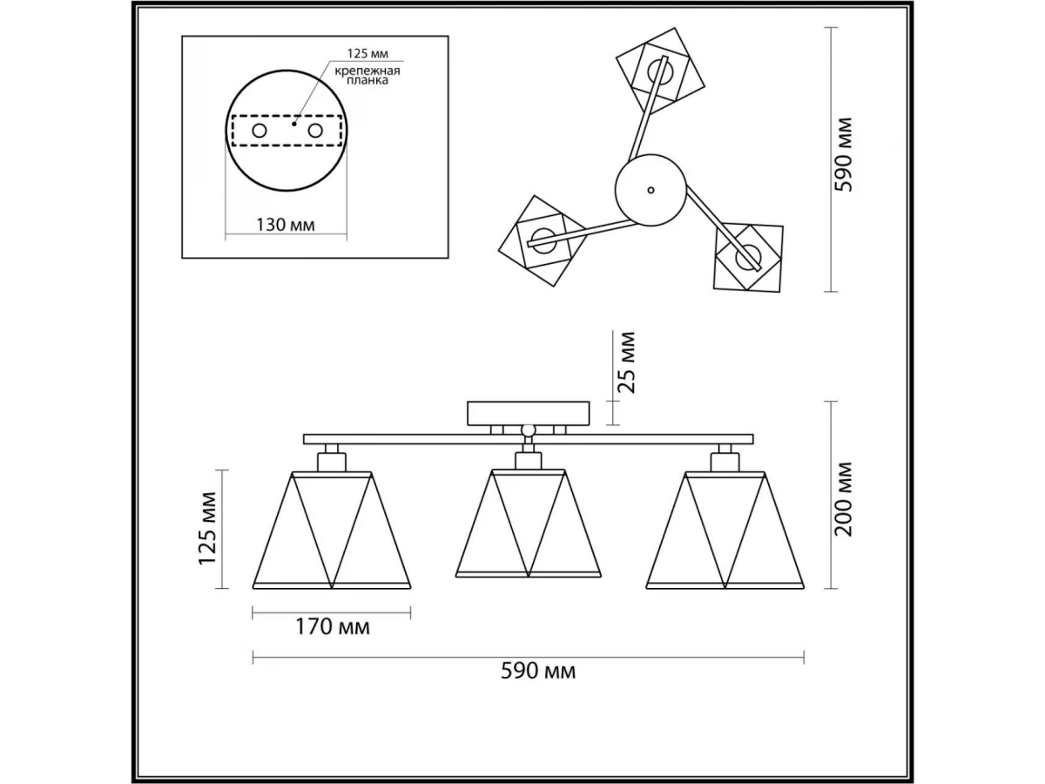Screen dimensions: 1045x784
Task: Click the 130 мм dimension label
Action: tap(286, 224)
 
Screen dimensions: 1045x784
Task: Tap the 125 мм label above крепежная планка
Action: tap(367, 53)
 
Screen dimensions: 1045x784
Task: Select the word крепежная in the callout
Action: tap(367, 71)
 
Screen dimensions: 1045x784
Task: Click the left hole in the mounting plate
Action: tap(260, 131)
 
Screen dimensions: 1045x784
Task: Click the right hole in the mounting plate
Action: tap(315, 131)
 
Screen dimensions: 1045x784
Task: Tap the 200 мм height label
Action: tap(844, 498)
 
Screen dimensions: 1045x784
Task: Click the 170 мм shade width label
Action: tap(333, 627)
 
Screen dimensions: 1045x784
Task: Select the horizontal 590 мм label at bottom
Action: tap(538, 671)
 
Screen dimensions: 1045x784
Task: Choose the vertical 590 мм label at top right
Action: tap(844, 155)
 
